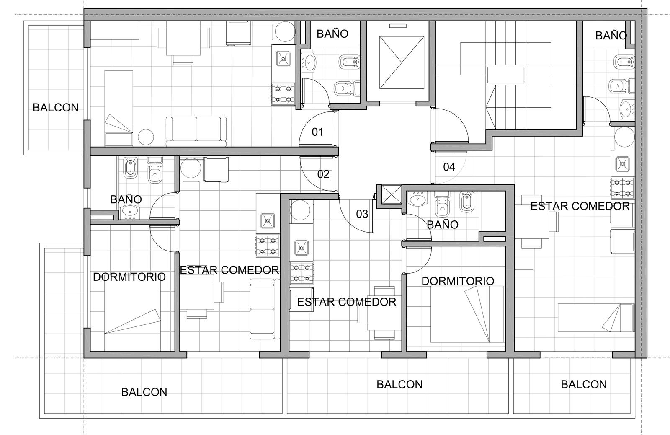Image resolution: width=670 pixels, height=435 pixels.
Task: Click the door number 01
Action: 317,132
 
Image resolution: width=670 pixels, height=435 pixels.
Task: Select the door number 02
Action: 323,174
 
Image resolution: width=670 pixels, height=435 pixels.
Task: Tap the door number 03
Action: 362,214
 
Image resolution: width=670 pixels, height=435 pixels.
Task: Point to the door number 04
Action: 449,167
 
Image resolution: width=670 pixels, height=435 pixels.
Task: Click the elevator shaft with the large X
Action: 402,62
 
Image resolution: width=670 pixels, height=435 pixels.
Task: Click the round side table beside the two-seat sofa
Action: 146,137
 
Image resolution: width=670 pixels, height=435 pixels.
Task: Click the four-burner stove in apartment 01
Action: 283,94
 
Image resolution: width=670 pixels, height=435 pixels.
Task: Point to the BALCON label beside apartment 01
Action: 56,107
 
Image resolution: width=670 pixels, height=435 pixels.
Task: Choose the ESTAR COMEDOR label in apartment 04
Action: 580,206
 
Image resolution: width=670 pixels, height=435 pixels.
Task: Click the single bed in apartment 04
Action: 596,318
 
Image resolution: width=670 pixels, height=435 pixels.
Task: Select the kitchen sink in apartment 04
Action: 622,164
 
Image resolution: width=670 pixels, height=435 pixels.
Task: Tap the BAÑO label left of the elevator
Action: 332,34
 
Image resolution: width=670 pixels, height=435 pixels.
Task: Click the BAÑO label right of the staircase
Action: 611,36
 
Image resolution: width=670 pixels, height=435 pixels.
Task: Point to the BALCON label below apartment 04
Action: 584,384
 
